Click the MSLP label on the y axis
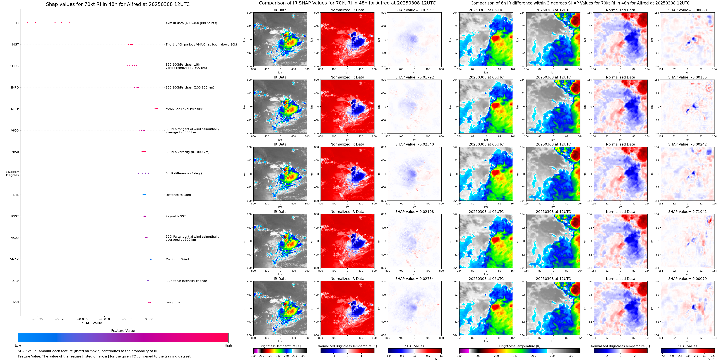coord(15,109)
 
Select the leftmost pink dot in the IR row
coord(27,23)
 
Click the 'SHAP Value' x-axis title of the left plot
coord(92,323)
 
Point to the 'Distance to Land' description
coord(178,195)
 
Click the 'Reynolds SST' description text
coord(175,216)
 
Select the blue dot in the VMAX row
coord(151,259)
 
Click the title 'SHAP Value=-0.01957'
coord(414,10)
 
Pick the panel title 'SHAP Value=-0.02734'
coord(414,279)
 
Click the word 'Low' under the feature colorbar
coord(18,345)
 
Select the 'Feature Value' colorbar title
coord(123,331)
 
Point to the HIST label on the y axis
coord(15,44)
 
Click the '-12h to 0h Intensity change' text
coord(186,281)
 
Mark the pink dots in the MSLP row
coord(156,109)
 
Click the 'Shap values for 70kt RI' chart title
coord(117,4)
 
